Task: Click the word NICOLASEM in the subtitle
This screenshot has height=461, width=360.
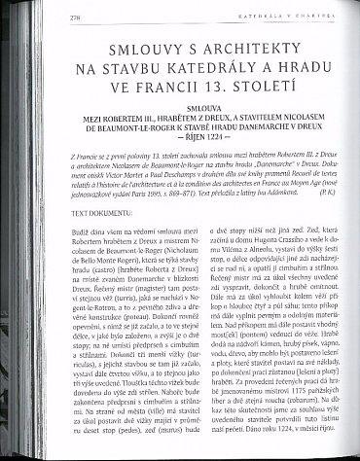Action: pos(308,137)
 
